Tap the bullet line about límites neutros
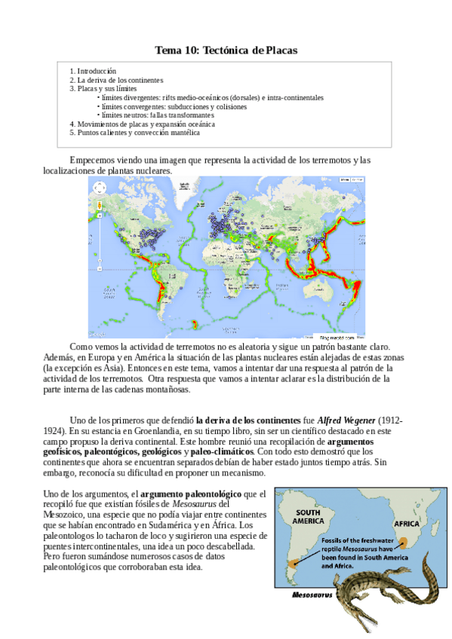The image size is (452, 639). (152, 115)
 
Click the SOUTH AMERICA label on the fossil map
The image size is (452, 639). (304, 516)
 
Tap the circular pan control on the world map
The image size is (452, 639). (99, 188)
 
